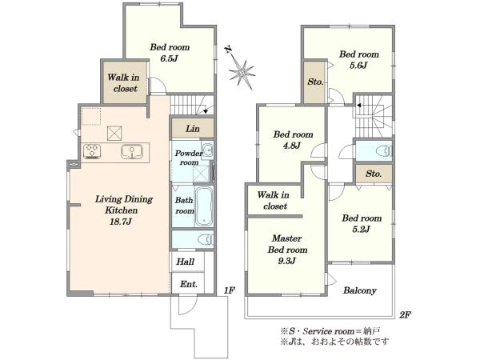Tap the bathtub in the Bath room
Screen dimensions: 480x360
point(204,206)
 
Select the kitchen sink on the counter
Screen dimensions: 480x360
point(132,151)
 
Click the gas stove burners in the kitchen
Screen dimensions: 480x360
point(92,151)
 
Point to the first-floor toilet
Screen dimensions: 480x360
point(206,239)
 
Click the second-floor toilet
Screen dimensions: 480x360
point(384,150)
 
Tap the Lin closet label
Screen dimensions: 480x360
point(193,129)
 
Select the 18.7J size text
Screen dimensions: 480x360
point(121,222)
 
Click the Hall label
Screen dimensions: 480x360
point(186,262)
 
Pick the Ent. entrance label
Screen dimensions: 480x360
point(188,284)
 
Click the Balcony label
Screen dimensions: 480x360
point(360,290)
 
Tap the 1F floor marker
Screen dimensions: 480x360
point(229,290)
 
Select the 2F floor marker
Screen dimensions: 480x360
point(405,314)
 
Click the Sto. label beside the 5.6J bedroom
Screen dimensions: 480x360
point(315,82)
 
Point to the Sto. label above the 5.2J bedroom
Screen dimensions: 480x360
point(374,174)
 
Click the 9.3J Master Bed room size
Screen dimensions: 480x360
point(286,261)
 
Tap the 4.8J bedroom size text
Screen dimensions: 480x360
point(291,146)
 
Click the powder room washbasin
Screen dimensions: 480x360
point(208,150)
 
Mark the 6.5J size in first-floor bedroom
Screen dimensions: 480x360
point(169,58)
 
